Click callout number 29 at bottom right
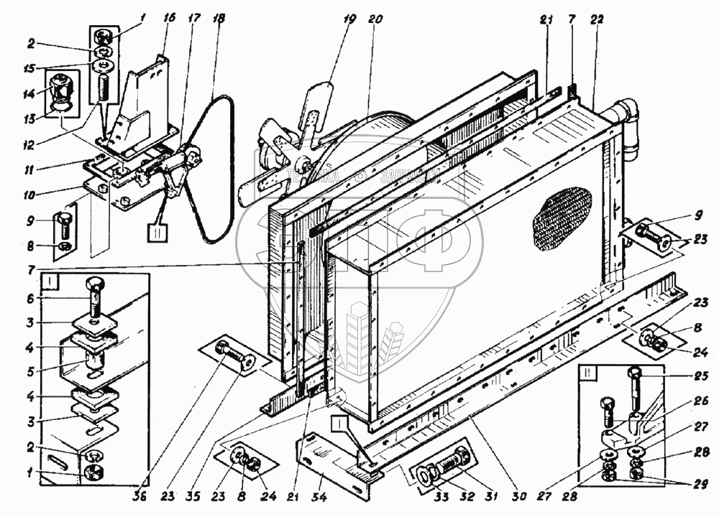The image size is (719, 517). click(704, 483)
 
